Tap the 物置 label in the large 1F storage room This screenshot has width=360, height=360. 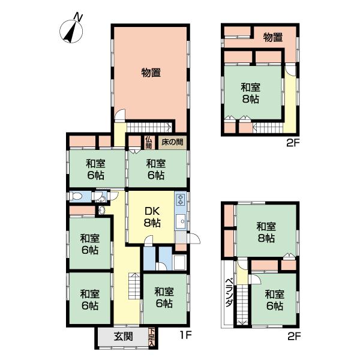click(151, 73)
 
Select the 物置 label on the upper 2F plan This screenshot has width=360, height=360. click(272, 37)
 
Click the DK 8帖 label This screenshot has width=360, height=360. click(151, 217)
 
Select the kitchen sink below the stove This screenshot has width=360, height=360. click(181, 222)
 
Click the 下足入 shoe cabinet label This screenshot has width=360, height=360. click(152, 337)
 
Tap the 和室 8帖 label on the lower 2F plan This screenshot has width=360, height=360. click(266, 232)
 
